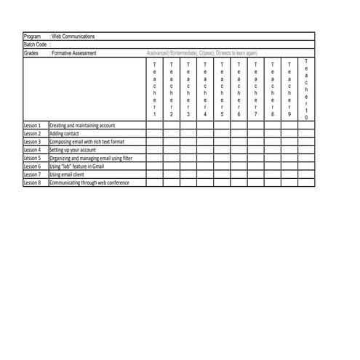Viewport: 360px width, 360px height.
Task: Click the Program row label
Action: pyautogui.click(x=33, y=36)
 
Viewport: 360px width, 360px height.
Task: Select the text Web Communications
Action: pyautogui.click(x=73, y=36)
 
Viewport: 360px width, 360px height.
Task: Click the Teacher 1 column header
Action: pyautogui.click(x=154, y=89)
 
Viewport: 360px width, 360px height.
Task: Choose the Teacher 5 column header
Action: pyautogui.click(x=222, y=89)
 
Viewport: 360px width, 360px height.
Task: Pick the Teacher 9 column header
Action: pyautogui.click(x=289, y=89)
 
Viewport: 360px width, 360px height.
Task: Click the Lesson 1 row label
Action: pyautogui.click(x=33, y=125)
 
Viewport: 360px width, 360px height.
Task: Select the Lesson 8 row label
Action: pyautogui.click(x=33, y=183)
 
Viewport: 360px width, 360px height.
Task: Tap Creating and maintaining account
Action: pyautogui.click(x=83, y=125)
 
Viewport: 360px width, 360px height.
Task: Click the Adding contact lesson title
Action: pyautogui.click(x=65, y=134)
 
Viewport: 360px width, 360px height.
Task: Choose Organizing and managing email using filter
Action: pyautogui.click(x=91, y=158)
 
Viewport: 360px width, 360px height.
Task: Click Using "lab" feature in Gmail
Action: pyautogui.click(x=79, y=167)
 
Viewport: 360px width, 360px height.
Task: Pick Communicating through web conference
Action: pyautogui.click(x=89, y=183)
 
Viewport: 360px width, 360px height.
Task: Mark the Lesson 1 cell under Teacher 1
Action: pyautogui.click(x=154, y=125)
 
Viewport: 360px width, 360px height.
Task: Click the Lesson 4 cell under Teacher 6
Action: pyautogui.click(x=239, y=150)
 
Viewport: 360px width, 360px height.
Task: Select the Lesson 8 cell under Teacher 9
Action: pyautogui.click(x=289, y=183)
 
